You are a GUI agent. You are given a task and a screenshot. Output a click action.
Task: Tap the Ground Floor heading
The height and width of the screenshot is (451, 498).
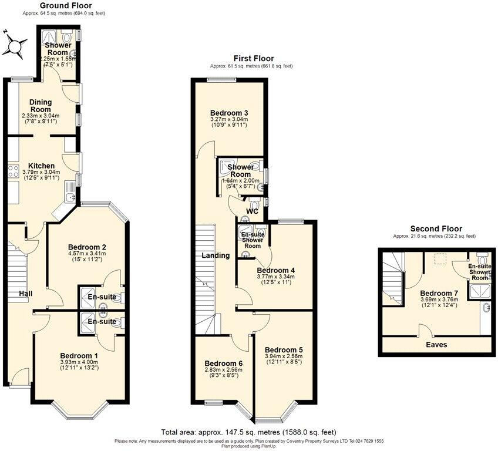pos(65,5)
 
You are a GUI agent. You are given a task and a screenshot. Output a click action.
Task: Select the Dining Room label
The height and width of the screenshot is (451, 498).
pos(41,106)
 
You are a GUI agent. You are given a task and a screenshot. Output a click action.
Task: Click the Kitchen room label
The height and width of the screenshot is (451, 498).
pos(41,166)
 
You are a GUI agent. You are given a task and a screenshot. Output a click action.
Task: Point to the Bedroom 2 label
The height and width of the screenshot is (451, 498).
pos(86,247)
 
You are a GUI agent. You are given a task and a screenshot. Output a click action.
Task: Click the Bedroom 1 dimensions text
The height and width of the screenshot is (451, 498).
pos(80,365)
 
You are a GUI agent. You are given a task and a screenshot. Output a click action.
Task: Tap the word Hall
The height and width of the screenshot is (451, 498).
pos(25,294)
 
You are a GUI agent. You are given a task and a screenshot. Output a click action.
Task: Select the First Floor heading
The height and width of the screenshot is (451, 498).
pos(251,58)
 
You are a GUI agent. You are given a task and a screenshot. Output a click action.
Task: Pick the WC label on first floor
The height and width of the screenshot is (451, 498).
pos(253,211)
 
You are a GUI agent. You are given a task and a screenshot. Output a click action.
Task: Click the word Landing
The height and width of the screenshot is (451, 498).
pos(216,255)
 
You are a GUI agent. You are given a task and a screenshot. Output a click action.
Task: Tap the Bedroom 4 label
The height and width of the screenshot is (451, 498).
pos(275,271)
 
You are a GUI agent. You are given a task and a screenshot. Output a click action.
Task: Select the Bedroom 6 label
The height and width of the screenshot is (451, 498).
pos(223,363)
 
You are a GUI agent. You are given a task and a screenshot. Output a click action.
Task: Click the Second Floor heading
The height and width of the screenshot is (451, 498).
pos(435,228)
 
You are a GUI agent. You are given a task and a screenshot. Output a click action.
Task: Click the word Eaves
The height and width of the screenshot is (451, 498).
pos(436,345)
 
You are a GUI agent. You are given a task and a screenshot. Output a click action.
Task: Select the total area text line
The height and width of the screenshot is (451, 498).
pos(249,432)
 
